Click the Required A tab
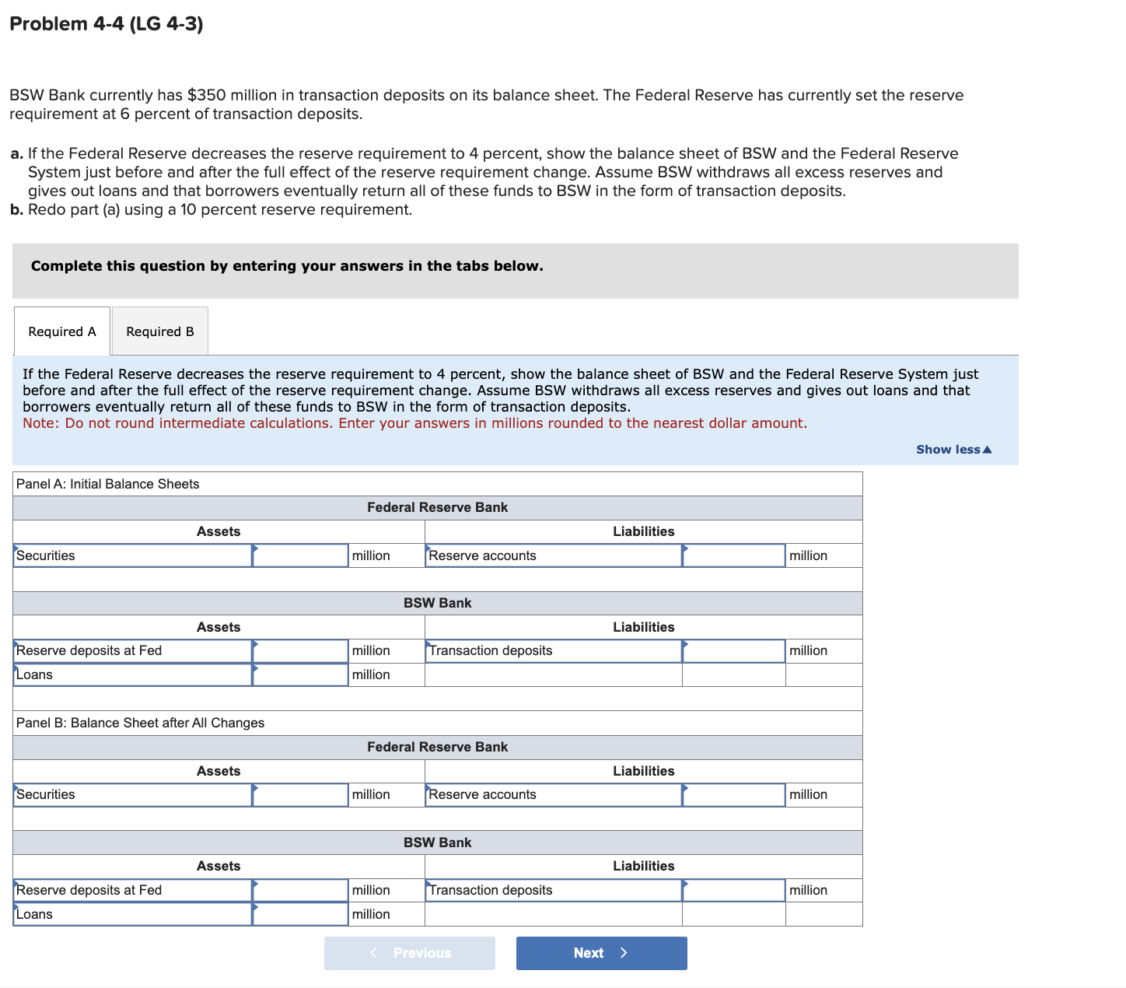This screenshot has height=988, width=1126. pyautogui.click(x=62, y=331)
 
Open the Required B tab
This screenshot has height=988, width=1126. pyautogui.click(x=160, y=331)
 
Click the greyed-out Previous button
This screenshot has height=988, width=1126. pyautogui.click(x=410, y=953)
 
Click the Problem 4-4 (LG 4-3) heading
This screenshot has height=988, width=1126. pyautogui.click(x=107, y=24)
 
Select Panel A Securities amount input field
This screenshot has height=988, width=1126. pyautogui.click(x=300, y=555)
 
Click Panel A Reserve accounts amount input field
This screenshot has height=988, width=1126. pyautogui.click(x=733, y=555)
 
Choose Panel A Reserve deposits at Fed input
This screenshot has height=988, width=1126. pyautogui.click(x=300, y=650)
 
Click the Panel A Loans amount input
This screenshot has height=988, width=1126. pyautogui.click(x=300, y=674)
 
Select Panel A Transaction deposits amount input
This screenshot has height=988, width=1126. pyautogui.click(x=733, y=650)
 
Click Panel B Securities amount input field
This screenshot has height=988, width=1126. pyautogui.click(x=300, y=794)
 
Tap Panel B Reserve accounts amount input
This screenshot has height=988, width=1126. pyautogui.click(x=733, y=794)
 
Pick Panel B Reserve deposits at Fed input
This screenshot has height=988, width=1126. pyautogui.click(x=300, y=890)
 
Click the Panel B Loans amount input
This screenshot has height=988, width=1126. pyautogui.click(x=300, y=914)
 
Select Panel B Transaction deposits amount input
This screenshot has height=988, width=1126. pyautogui.click(x=733, y=890)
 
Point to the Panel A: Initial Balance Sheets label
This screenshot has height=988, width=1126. pyautogui.click(x=108, y=484)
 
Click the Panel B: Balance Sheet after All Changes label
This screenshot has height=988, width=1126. pyautogui.click(x=141, y=723)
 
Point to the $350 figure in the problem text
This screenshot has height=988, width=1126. pyautogui.click(x=207, y=95)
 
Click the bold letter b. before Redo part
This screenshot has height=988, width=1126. pyautogui.click(x=16, y=210)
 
